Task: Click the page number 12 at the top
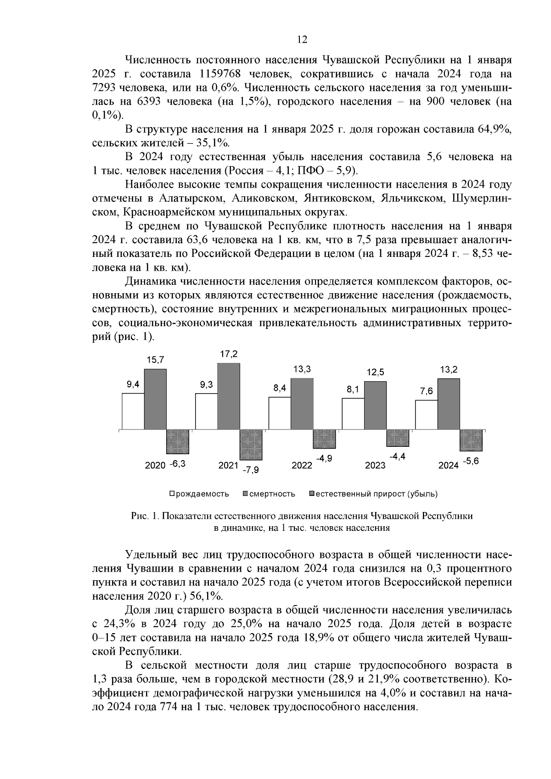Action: (302, 39)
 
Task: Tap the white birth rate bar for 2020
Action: (133, 412)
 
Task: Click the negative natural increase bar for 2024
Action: (471, 440)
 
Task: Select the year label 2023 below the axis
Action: (375, 466)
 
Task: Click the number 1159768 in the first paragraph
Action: (223, 74)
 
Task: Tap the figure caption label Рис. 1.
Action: (145, 516)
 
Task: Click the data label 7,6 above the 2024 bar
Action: (427, 391)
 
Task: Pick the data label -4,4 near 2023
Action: (397, 457)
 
